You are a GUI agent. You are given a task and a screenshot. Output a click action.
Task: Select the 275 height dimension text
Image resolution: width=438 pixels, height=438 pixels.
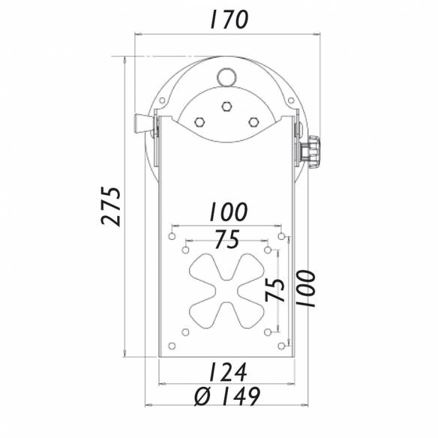pos(112,205)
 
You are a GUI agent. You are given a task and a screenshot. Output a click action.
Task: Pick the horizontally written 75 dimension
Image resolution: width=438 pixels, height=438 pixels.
pos(226,240)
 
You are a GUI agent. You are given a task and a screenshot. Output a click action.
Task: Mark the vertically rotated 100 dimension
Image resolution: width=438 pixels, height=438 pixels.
pos(306,289)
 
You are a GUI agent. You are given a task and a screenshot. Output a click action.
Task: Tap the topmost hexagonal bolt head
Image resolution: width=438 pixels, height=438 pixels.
pos(226,107)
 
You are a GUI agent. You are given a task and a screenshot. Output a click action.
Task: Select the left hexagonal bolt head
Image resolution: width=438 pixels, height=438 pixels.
pos(199,122)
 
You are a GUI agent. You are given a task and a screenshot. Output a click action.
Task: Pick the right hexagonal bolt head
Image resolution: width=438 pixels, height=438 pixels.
pos(253,122)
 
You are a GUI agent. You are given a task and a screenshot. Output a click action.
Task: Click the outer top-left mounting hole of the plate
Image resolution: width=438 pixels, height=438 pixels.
pos(172,236)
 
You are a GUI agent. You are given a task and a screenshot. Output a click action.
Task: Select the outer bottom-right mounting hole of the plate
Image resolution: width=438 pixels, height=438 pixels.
pos(281,345)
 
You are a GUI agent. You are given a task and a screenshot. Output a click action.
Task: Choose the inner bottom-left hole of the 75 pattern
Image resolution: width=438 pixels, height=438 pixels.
pos(185,331)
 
